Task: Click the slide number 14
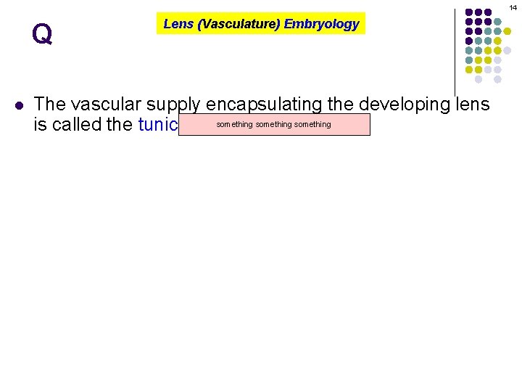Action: click(x=513, y=7)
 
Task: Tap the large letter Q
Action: click(x=42, y=34)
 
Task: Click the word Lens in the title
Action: click(x=178, y=24)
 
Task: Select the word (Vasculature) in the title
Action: click(x=238, y=24)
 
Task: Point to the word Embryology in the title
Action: click(x=321, y=24)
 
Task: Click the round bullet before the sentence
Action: click(x=19, y=105)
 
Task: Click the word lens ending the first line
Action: click(x=473, y=105)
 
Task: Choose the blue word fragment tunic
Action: click(x=157, y=125)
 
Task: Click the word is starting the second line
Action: click(x=40, y=125)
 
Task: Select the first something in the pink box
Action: click(x=235, y=125)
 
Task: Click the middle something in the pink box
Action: click(x=274, y=125)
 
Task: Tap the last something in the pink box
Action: click(x=312, y=125)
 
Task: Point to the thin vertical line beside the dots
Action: click(x=455, y=51)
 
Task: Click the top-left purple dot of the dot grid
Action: click(x=469, y=12)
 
